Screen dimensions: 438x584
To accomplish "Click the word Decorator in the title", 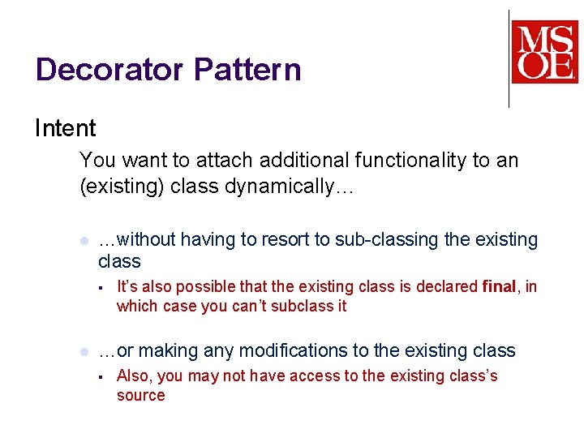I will click(110, 70).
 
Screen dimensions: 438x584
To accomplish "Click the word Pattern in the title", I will click(247, 70).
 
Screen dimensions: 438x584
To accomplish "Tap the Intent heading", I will click(65, 128).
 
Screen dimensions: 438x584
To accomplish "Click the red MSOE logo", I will click(544, 52).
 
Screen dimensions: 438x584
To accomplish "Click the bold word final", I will click(499, 286).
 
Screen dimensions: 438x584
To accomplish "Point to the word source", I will click(140, 396).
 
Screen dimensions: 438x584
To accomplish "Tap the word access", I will click(324, 376).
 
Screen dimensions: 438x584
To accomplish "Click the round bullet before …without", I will click(84, 241).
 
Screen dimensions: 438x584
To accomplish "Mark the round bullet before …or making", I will click(84, 352).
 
